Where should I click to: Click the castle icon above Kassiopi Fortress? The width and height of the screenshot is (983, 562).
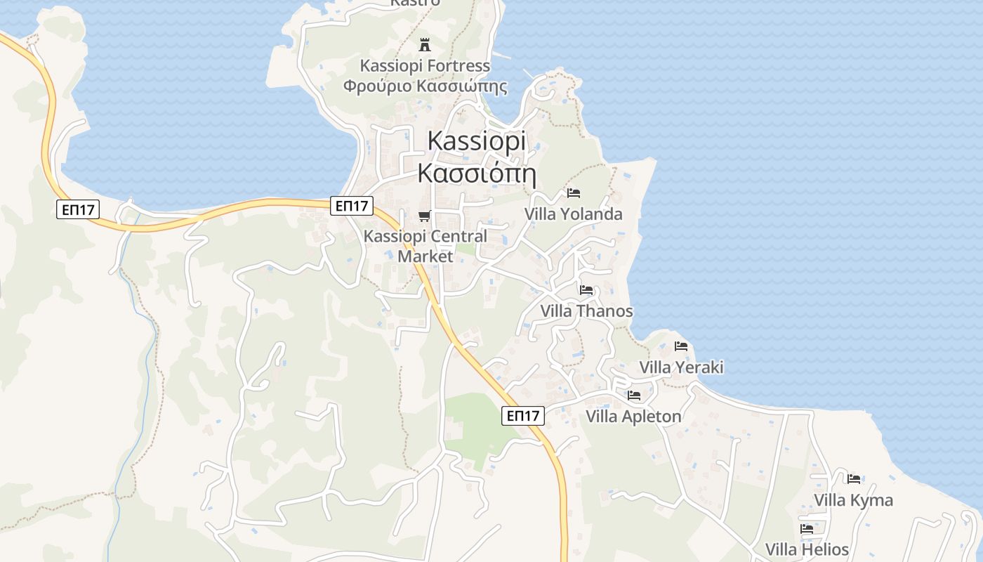tap(424, 45)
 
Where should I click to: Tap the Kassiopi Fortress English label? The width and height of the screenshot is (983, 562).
tap(425, 66)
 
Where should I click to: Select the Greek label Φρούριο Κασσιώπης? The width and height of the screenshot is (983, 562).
tap(425, 87)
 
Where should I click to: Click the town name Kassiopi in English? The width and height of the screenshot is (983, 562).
tap(476, 140)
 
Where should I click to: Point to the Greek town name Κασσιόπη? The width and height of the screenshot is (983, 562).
tap(476, 173)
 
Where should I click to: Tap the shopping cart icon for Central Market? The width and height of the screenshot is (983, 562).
tap(424, 216)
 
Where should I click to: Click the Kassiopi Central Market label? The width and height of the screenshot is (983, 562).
tap(425, 246)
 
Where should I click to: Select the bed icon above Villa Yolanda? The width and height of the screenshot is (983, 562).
tap(574, 193)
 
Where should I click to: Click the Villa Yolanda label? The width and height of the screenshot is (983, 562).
tap(574, 214)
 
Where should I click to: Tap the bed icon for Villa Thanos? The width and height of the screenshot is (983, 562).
tap(586, 290)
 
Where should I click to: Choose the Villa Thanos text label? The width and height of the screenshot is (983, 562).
tap(586, 311)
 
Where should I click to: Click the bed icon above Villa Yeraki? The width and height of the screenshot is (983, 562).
tap(680, 346)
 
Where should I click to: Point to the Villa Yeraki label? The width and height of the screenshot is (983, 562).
tap(681, 367)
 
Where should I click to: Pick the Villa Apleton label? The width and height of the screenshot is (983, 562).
tap(633, 417)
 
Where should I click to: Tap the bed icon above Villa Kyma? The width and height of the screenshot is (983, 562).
tap(854, 479)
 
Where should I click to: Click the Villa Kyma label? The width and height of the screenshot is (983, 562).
tap(853, 500)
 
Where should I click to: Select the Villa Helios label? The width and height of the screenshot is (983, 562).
tap(807, 549)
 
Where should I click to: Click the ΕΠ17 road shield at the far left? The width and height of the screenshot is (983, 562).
tap(77, 209)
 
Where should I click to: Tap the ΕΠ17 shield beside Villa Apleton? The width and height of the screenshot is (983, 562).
tap(524, 416)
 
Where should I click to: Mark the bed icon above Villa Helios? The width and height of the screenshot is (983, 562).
tap(807, 529)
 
